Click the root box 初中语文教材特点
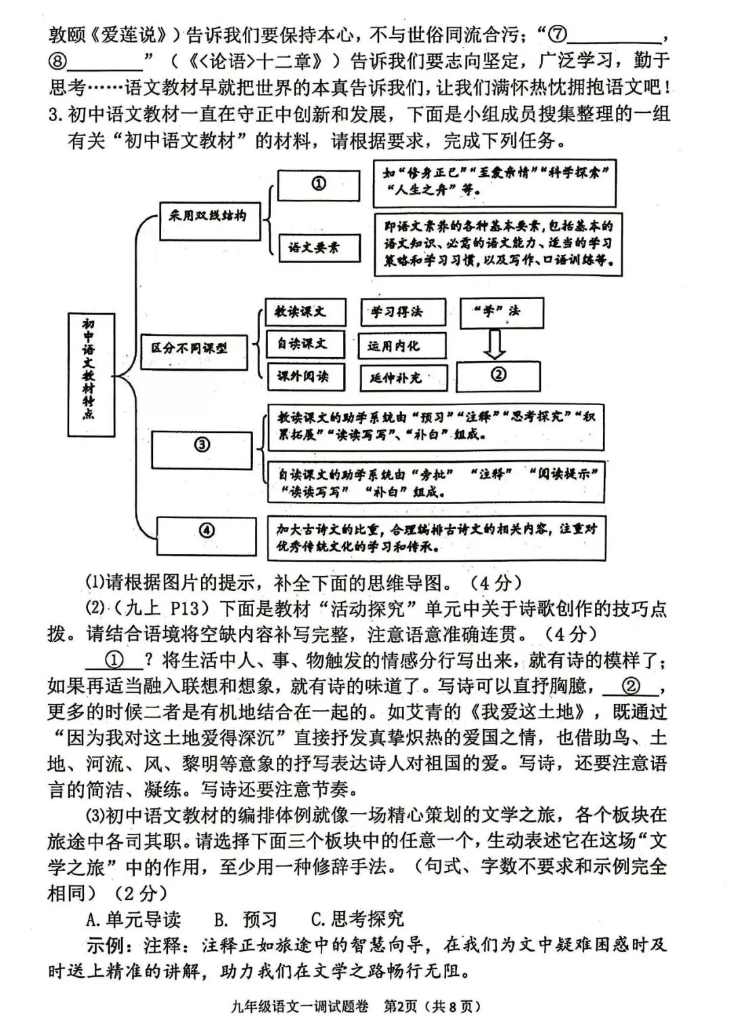(91, 375)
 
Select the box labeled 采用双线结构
(209, 219)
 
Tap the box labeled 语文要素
(319, 248)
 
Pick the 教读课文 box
(305, 312)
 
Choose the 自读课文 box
(305, 344)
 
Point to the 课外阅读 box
(305, 376)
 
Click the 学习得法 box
(402, 312)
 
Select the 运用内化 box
(402, 346)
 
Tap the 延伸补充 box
(402, 377)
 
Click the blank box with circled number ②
(498, 375)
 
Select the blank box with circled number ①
(319, 185)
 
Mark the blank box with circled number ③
(202, 448)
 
